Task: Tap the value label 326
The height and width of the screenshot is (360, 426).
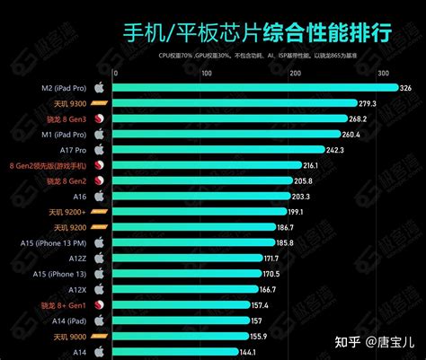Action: tap(405, 88)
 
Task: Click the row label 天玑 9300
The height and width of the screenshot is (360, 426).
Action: tap(68, 103)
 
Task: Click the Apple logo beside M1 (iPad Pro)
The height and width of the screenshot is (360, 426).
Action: tap(100, 134)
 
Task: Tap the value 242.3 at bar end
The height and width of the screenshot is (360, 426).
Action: tap(335, 150)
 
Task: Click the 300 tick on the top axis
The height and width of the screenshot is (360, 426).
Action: tap(384, 73)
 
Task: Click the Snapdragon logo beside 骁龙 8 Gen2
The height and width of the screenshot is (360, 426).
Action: tap(100, 180)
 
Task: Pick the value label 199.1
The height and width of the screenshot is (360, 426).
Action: tap(296, 212)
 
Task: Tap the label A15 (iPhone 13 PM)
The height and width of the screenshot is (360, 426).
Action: tap(54, 242)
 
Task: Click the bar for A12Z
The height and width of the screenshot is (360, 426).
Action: tap(189, 258)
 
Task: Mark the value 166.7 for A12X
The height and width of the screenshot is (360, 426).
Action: tap(267, 289)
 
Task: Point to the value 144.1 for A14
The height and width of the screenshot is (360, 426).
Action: tap(246, 352)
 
